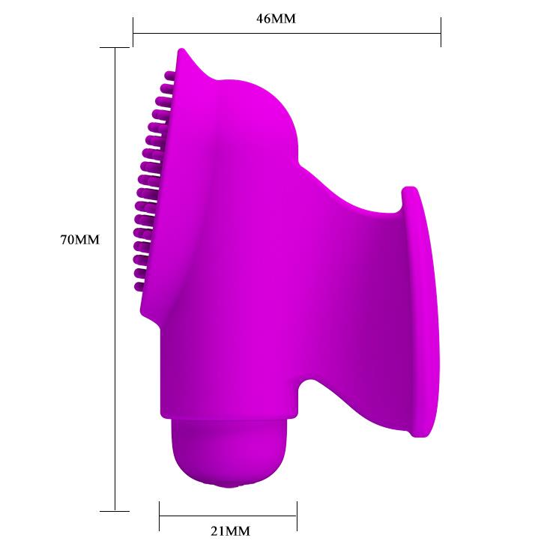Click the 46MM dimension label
276,19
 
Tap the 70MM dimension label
80,240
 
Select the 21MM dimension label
230,531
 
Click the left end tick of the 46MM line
133,32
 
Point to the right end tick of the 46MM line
441,32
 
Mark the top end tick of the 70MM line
115,47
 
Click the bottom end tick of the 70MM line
115,512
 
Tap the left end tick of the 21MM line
160,516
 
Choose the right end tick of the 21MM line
297,516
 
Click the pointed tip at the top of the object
181,49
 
